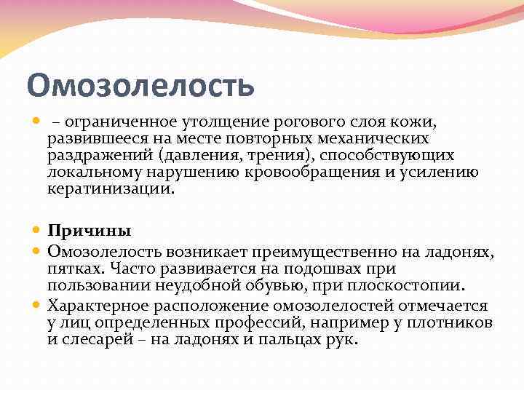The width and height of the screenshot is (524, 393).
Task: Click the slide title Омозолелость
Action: coord(140,85)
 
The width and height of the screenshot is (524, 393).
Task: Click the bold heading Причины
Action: coord(90,231)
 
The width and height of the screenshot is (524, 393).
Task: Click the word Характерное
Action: coord(97,306)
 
